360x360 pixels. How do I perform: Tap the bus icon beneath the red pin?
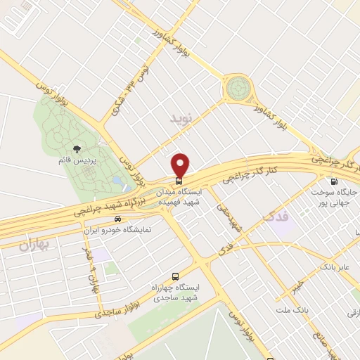click(x=180, y=179)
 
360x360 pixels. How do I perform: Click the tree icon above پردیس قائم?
click(x=77, y=149)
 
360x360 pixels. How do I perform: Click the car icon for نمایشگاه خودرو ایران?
click(x=126, y=219)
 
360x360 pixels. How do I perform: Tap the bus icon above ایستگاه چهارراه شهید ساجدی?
click(x=175, y=276)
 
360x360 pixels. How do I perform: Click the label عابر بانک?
click(x=335, y=267)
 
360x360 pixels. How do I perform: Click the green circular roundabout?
click(x=238, y=89)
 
